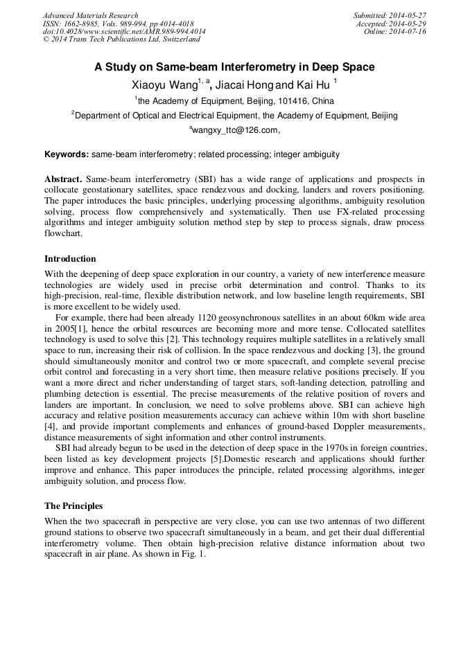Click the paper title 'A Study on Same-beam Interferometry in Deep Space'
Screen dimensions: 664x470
(x=234, y=67)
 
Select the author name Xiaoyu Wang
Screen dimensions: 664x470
(x=159, y=85)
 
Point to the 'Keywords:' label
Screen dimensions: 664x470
(x=67, y=154)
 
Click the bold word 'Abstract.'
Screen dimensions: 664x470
(x=64, y=179)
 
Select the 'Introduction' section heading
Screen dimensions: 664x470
(x=70, y=259)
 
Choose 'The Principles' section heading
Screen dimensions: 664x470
(x=73, y=505)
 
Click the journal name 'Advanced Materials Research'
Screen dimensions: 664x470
(x=90, y=16)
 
